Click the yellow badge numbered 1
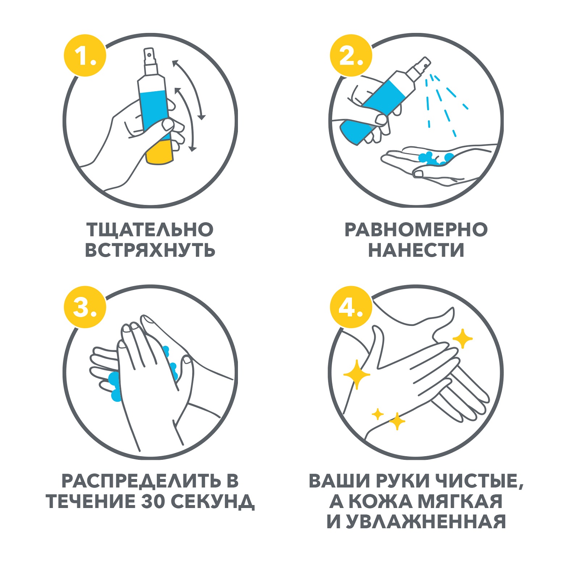85,55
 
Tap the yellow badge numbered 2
351,55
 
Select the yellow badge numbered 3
85,307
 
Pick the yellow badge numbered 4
351,307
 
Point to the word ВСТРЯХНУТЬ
150,250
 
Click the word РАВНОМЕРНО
416,230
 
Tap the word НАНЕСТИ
416,250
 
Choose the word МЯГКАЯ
461,501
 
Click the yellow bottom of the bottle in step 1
159,153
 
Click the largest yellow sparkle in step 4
357,374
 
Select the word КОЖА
380,501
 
